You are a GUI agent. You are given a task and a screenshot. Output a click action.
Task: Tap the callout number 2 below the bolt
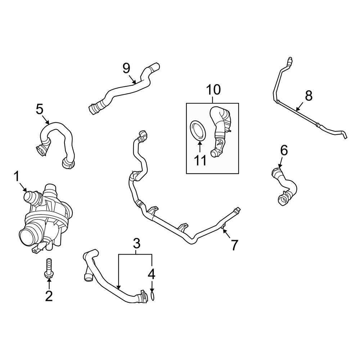coord(49,296)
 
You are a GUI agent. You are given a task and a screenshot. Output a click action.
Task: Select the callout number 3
coord(136,244)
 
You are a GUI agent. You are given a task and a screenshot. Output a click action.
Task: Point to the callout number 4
coord(152,274)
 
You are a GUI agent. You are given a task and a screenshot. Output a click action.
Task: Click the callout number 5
coord(40,109)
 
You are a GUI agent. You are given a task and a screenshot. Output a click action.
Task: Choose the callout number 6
coord(284,150)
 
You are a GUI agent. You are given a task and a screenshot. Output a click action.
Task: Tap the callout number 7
coord(234,245)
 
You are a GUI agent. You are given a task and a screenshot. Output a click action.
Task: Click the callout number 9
coord(126,68)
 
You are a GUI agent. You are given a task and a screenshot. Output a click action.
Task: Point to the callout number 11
coord(200,160)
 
